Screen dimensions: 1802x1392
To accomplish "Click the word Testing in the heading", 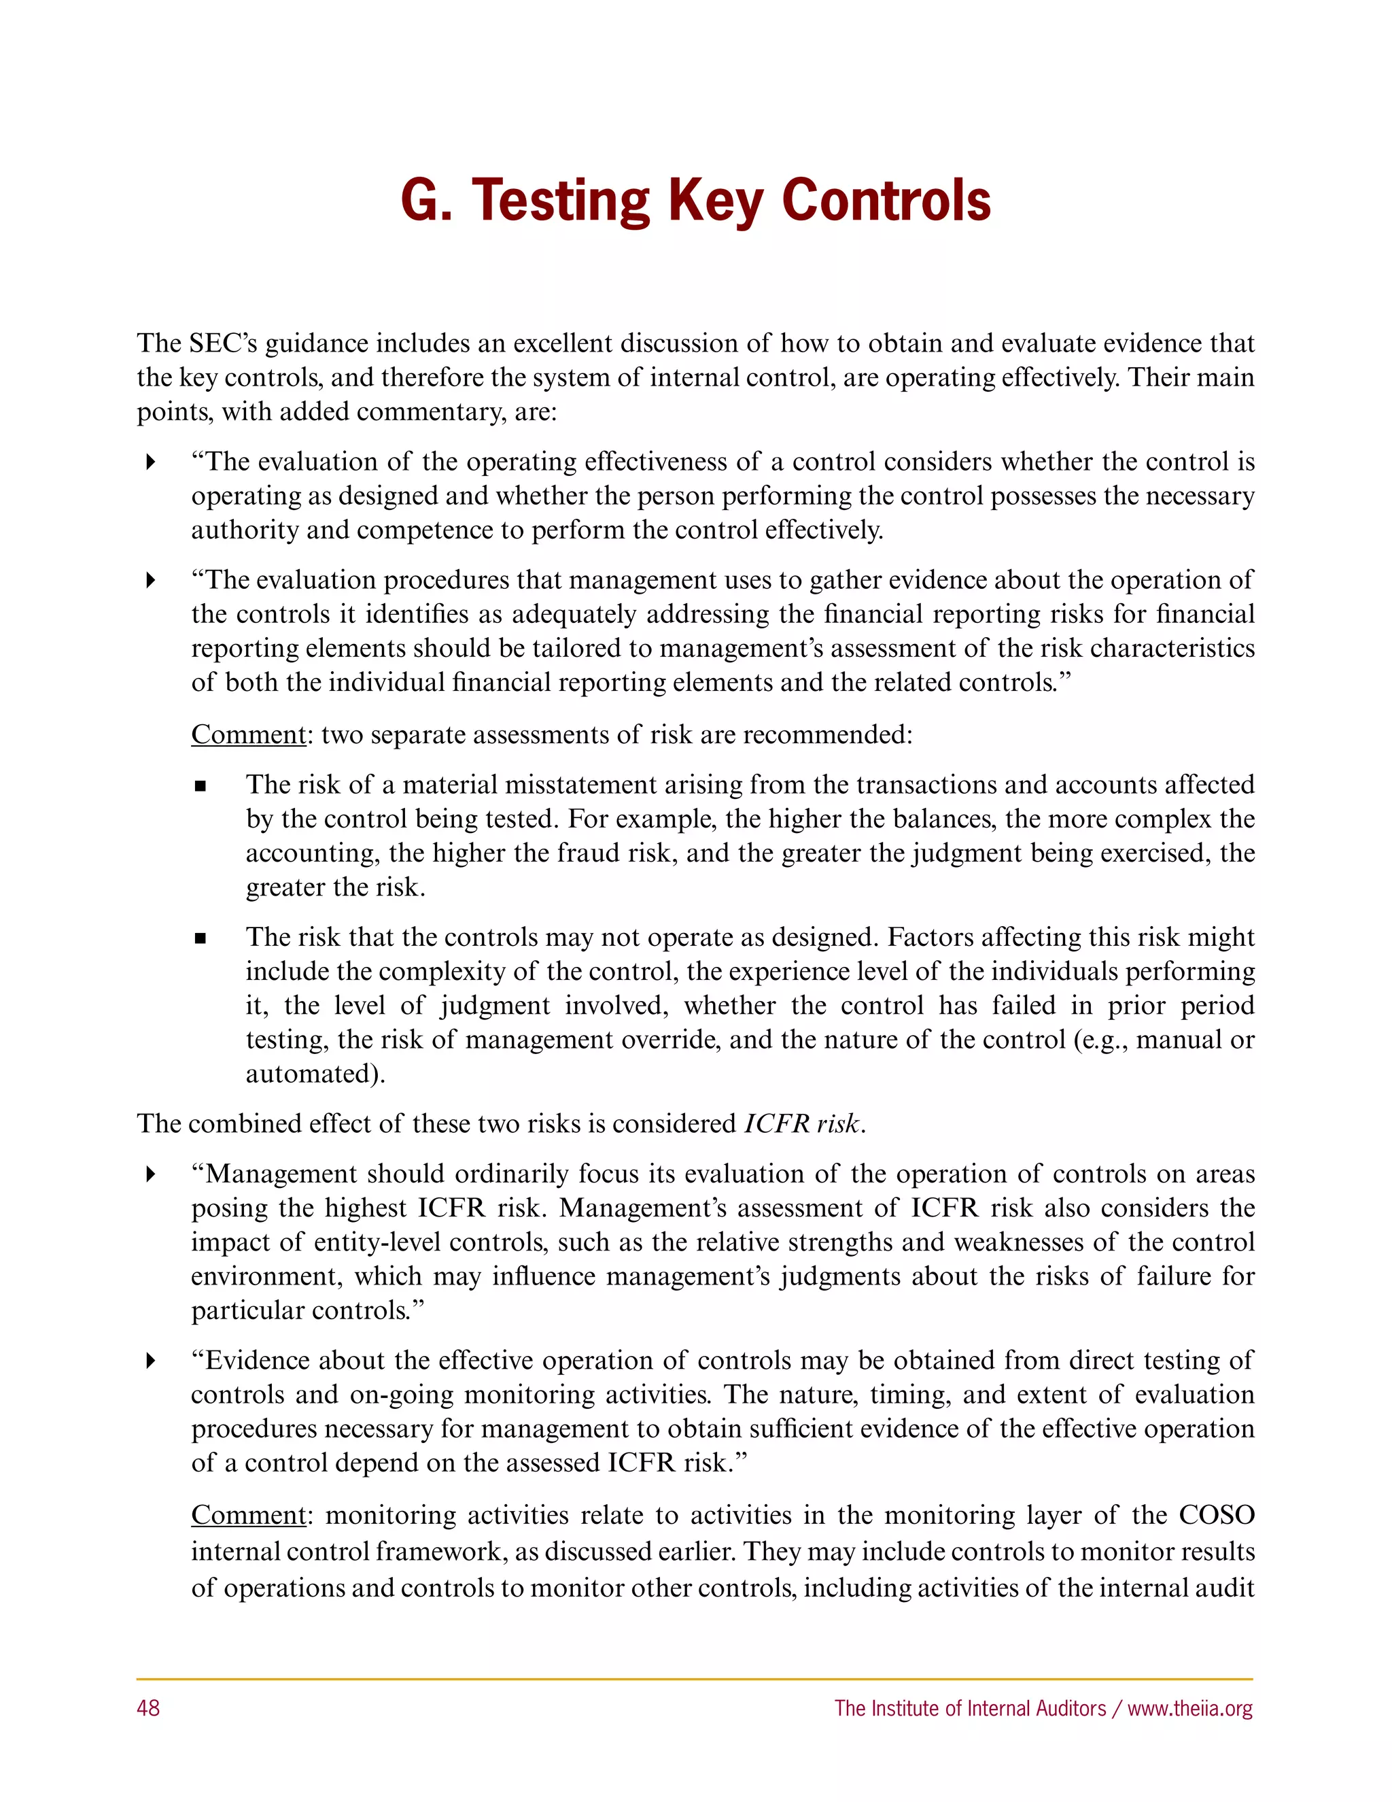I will (560, 201).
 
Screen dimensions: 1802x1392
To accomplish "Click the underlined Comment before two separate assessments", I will (248, 734).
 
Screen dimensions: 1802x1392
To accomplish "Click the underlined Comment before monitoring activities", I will (248, 1515).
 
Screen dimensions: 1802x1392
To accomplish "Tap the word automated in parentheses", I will (313, 1074).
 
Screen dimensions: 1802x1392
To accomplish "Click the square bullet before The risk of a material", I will (200, 786).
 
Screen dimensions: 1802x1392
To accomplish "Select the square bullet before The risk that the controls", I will (200, 939).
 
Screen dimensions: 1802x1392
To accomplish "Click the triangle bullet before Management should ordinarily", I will (150, 1174).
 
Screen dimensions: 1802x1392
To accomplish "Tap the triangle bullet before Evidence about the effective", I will (150, 1361).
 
